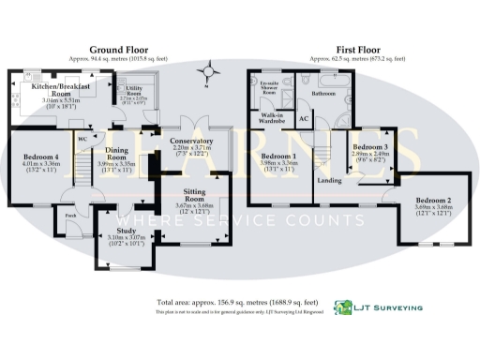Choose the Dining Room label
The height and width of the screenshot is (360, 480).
pyautogui.click(x=117, y=154)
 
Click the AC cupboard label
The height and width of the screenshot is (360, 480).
pyautogui.click(x=303, y=120)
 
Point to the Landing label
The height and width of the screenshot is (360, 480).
pyautogui.click(x=328, y=180)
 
